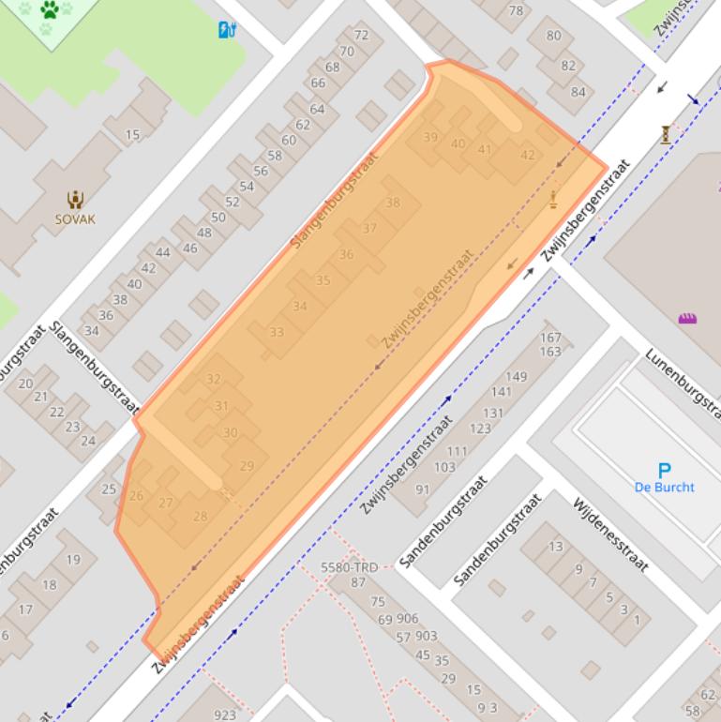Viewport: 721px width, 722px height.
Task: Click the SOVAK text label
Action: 75,219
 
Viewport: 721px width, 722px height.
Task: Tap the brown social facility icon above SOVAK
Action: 75,199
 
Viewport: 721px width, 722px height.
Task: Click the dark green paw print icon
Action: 50,10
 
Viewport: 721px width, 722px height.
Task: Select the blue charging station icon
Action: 226,30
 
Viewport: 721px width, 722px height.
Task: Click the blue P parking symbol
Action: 664,470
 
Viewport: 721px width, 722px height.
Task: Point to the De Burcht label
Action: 664,488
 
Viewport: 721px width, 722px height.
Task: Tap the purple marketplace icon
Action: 687,319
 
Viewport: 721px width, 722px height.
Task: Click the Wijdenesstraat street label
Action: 610,534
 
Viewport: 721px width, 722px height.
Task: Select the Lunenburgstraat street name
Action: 683,384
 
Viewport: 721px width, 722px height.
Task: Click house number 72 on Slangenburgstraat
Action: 361,36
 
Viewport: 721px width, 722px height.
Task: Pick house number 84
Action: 578,92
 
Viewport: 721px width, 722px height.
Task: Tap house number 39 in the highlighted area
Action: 430,137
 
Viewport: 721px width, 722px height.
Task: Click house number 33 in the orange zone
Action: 277,332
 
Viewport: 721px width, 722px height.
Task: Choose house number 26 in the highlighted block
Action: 137,496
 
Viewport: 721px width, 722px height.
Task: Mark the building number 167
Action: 550,338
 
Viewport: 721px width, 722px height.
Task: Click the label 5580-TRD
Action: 349,567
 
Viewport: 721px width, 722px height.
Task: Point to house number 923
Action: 225,714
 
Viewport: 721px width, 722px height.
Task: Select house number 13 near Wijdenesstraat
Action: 556,547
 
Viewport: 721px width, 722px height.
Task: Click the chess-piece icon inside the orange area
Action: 553,198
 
